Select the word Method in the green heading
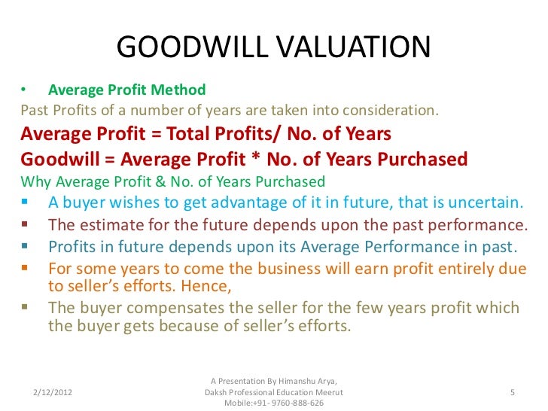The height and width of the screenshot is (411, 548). pyautogui.click(x=181, y=90)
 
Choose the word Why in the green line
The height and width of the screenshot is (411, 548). pyautogui.click(x=35, y=181)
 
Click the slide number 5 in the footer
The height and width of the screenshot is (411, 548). pyautogui.click(x=512, y=393)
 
